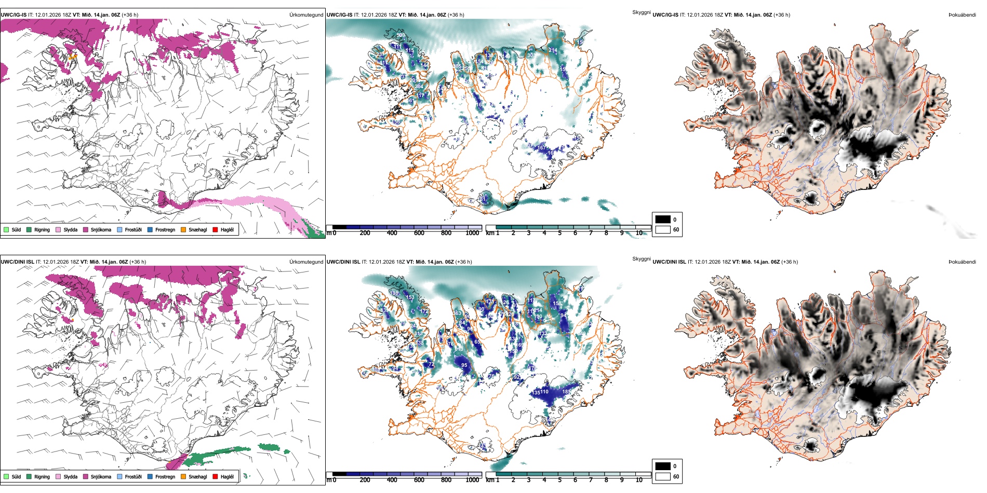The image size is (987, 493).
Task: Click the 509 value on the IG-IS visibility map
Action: click(401, 35)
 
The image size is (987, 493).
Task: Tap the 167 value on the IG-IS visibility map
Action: click(541, 148)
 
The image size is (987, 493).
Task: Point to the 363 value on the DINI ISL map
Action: click(457, 313)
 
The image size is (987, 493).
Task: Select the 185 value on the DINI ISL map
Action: click(567, 392)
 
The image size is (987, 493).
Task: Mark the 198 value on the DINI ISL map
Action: click(395, 293)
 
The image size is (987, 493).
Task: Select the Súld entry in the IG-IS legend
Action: click(13, 229)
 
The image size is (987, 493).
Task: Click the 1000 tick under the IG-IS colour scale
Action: click(472, 233)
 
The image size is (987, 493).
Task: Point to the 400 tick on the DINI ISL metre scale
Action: click(392, 480)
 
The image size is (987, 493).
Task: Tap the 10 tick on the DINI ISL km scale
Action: click(639, 480)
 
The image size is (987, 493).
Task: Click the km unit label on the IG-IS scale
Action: click(489, 233)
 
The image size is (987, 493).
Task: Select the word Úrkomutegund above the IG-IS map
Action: click(306, 15)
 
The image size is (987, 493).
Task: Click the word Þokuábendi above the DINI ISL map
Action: click(962, 262)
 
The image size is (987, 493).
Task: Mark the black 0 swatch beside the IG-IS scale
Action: click(663, 219)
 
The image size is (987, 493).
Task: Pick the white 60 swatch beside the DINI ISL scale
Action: click(663, 476)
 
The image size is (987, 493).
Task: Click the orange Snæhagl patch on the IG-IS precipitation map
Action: click(72, 57)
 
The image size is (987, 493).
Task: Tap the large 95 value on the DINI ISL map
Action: click(464, 365)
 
